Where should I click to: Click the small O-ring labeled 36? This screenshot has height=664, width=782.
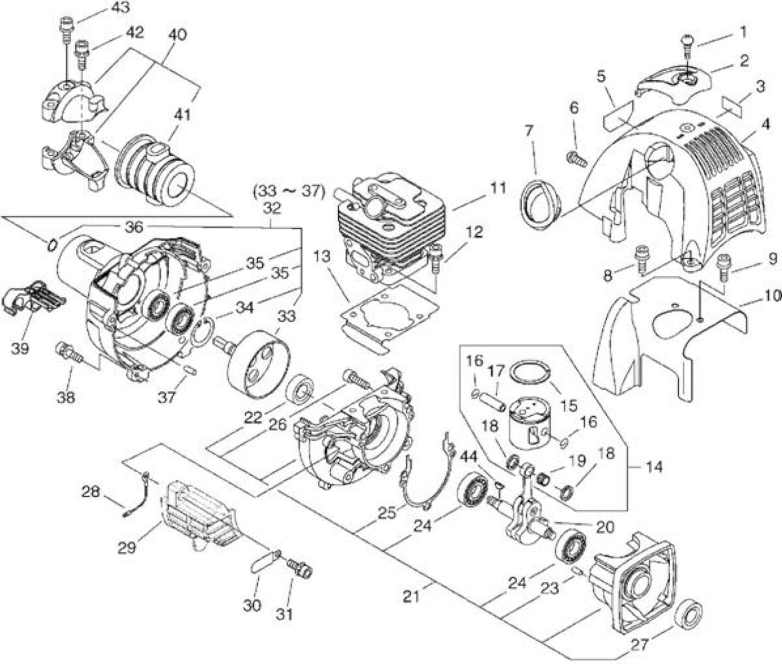(53, 246)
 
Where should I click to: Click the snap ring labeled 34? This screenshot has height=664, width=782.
(202, 333)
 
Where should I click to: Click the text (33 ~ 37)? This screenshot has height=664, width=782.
(289, 192)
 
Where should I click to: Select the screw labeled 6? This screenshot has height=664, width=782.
(576, 160)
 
